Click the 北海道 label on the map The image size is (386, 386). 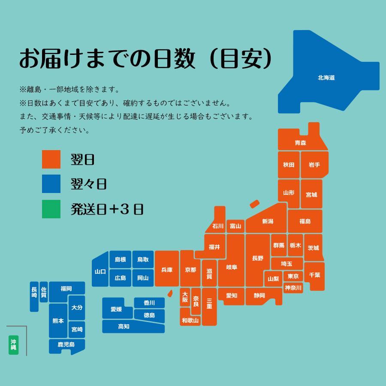326,78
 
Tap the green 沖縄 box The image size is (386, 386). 14,345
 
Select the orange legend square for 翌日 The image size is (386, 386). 51,160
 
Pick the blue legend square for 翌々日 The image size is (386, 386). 51,184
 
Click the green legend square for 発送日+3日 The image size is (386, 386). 51,209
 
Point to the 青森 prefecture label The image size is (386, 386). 300,142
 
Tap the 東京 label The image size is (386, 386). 293,276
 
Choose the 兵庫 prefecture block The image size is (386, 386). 167,270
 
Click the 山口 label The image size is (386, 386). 100,271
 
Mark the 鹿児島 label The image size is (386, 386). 66,344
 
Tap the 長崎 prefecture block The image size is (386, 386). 34,296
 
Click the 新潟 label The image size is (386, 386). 268,221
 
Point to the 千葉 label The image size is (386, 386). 314,275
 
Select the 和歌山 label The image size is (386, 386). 190,320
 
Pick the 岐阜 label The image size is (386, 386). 232,267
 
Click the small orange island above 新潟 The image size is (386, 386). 255,204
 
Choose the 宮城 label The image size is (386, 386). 311,194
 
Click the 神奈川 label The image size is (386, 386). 293,287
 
